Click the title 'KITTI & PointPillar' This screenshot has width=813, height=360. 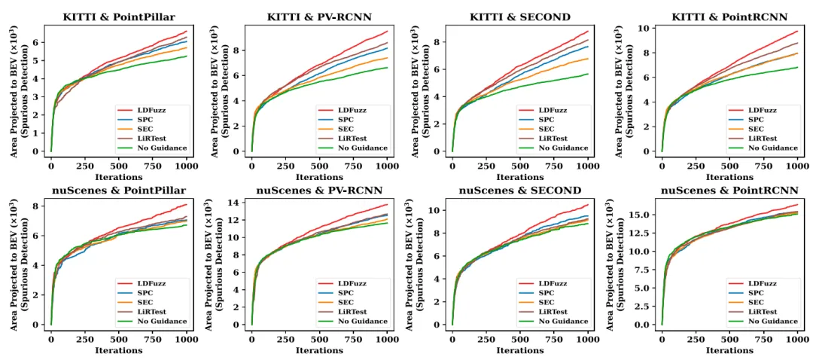(x=119, y=17)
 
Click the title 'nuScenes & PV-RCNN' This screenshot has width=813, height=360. (x=319, y=191)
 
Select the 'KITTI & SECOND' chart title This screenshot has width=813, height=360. (x=519, y=17)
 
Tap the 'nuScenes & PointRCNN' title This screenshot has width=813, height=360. (x=729, y=191)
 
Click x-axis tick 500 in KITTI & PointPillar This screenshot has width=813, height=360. (x=119, y=166)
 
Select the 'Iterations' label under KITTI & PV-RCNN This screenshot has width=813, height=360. (x=319, y=177)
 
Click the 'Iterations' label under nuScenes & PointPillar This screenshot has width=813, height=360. (x=119, y=350)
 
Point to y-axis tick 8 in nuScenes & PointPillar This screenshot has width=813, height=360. (x=35, y=206)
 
